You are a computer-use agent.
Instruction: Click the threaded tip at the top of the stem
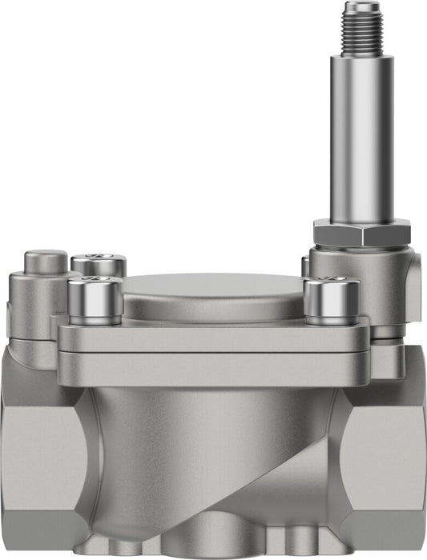[x=361, y=28]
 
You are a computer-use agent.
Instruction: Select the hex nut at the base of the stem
[x=361, y=233]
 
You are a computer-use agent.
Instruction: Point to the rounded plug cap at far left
[x=46, y=262]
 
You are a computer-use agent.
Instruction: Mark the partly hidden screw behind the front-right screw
[x=305, y=266]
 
